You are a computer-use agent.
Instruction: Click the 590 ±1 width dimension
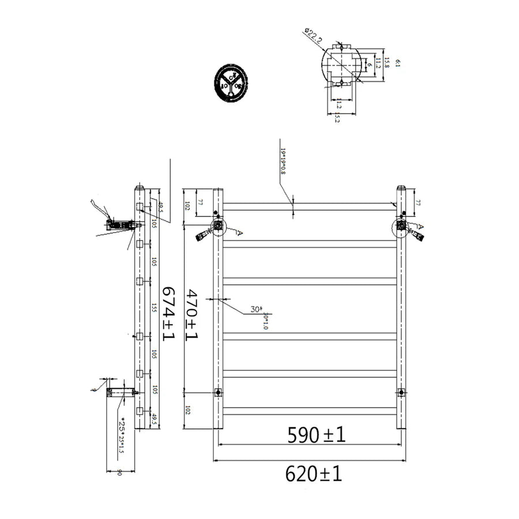point(317,435)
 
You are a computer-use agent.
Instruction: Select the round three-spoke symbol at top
point(231,84)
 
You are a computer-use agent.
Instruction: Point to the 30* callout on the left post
point(256,310)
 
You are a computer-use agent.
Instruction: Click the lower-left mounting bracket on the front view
point(218,393)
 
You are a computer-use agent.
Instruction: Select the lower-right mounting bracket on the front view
point(401,393)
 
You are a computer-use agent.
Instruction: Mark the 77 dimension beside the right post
point(418,202)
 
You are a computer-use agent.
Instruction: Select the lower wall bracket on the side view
point(121,393)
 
